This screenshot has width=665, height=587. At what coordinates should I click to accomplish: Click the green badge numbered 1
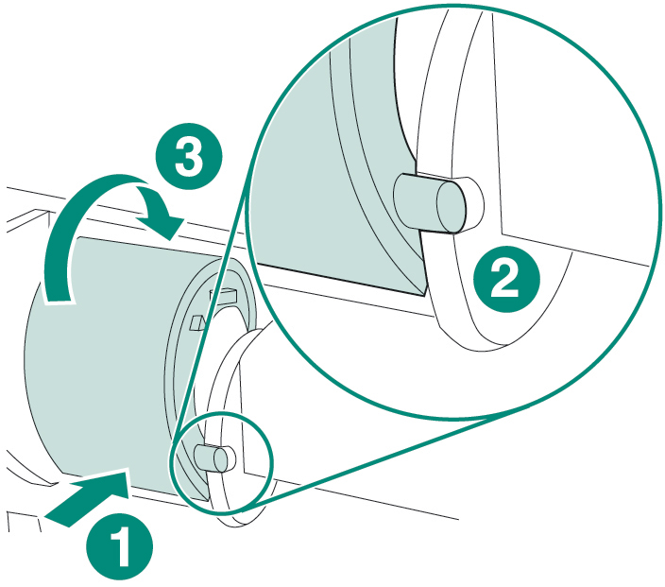click(x=119, y=546)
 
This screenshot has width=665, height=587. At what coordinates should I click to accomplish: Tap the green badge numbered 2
click(x=506, y=279)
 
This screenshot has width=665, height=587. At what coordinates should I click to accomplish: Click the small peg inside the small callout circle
click(x=214, y=458)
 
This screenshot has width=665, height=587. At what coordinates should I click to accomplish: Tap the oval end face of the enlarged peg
click(x=451, y=207)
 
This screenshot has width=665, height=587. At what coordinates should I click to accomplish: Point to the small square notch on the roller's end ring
click(x=197, y=323)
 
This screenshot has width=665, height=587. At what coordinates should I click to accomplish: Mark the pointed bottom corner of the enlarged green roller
click(x=424, y=295)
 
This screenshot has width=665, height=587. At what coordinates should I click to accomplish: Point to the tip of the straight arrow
click(x=128, y=470)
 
